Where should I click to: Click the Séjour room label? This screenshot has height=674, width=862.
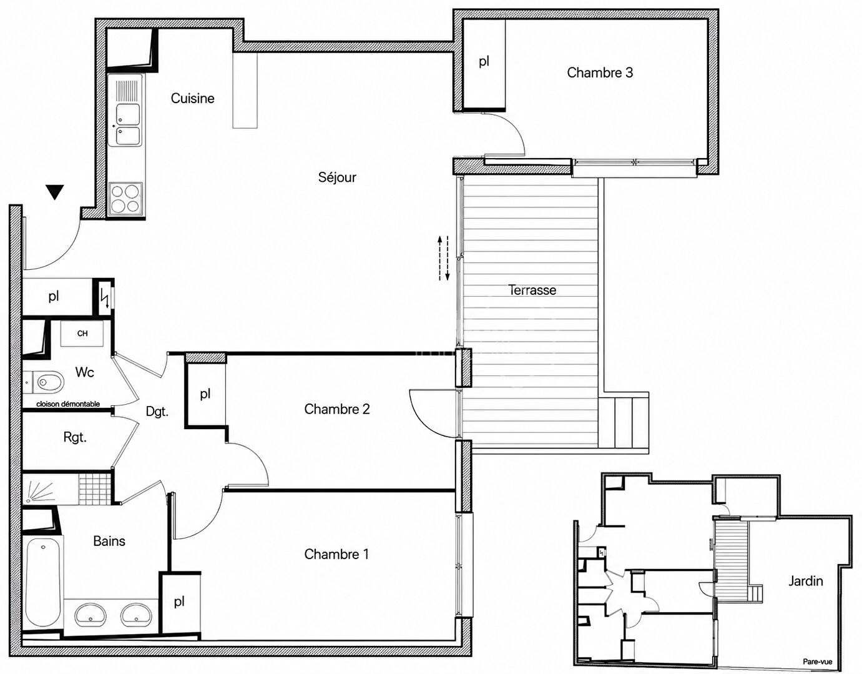tap(337, 177)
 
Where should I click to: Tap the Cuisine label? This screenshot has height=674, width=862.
tap(192, 99)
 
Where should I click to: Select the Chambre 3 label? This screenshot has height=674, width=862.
tap(600, 72)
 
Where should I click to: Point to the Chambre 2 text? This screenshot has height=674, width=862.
tap(337, 409)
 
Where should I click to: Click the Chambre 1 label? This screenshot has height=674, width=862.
tap(336, 554)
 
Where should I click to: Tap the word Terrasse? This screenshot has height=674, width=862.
tap(532, 290)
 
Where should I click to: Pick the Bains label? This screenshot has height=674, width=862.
tap(109, 541)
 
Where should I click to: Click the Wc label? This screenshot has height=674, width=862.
tap(84, 372)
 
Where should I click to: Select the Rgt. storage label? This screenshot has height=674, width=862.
tap(75, 437)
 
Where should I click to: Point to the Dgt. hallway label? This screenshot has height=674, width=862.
tap(157, 412)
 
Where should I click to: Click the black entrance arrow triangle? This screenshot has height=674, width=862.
tap(55, 192)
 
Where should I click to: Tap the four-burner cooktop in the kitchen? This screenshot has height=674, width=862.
tap(125, 199)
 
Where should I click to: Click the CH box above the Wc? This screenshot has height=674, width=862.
tap(82, 334)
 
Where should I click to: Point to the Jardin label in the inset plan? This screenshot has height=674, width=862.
tap(805, 581)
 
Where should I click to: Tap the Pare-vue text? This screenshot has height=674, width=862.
tap(818, 662)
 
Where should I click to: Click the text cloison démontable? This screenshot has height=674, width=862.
tap(68, 404)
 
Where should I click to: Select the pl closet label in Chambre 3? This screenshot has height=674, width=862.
tap(484, 62)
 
